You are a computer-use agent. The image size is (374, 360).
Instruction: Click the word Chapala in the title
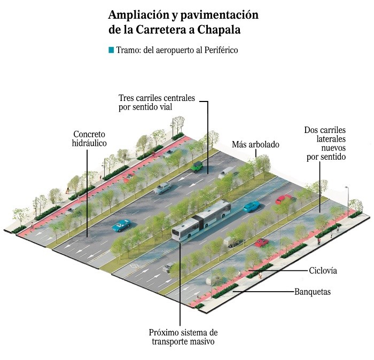(219, 30)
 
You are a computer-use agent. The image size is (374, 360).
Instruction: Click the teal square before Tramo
(111, 50)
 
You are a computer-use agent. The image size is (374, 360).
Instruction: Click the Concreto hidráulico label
(90, 138)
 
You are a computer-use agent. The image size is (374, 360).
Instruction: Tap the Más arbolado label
(255, 145)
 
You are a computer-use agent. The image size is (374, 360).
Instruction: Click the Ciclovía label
(323, 271)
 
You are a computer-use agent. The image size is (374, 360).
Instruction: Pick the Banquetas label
(313, 292)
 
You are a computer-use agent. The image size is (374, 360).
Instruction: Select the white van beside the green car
(227, 172)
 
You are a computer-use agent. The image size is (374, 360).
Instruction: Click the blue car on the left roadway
(121, 225)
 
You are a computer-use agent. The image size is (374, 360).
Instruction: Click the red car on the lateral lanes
(261, 242)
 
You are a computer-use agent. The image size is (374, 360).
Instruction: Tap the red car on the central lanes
(283, 199)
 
